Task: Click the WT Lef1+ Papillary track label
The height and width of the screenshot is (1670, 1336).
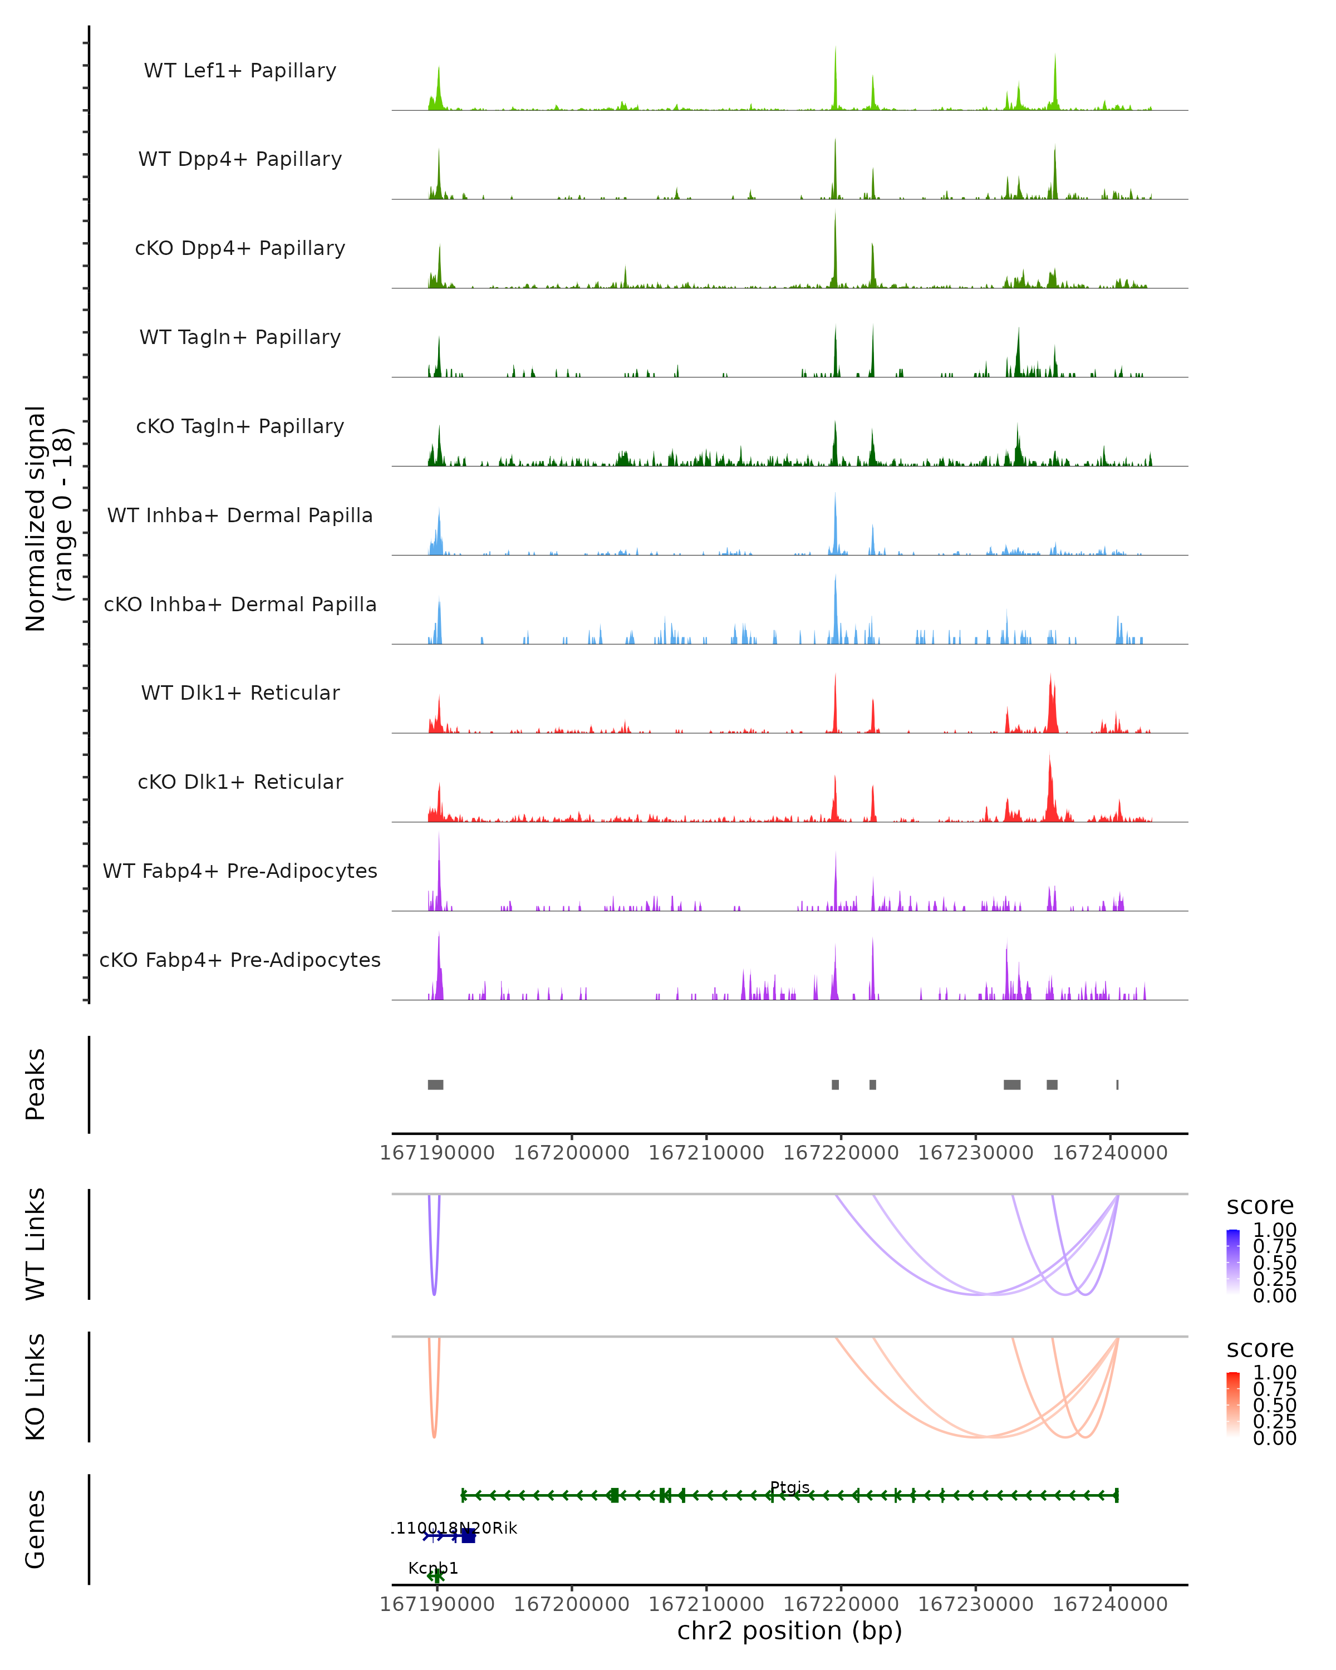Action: point(240,71)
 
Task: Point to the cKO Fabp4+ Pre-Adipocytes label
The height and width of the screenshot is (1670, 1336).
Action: point(240,960)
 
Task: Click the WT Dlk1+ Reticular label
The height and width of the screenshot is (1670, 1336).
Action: point(240,692)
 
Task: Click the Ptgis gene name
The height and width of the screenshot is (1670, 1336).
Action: point(789,1487)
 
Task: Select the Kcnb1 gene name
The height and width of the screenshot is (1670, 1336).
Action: point(433,1568)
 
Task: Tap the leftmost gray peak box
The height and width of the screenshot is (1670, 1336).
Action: point(435,1084)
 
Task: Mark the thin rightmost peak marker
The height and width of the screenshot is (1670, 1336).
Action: point(1117,1084)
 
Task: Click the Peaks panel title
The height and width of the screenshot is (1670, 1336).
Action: point(36,1084)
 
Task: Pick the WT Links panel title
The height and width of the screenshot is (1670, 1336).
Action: point(36,1244)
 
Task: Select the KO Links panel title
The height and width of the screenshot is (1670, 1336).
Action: point(36,1387)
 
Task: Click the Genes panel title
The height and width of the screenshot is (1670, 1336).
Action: point(36,1529)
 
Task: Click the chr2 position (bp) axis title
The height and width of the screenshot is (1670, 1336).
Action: point(789,1631)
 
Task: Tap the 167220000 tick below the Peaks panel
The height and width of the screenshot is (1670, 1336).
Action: point(841,1153)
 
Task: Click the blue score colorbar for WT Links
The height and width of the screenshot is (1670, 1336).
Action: point(1233,1261)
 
